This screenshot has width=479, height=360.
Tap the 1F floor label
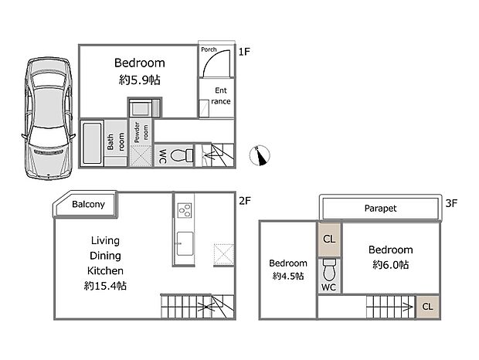244,53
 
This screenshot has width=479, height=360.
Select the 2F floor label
244,201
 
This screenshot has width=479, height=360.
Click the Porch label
209,50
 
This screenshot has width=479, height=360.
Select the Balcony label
88,205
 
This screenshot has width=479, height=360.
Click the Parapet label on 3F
380,209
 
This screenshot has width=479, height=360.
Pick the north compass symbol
261,156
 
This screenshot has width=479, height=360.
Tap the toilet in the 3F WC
328,270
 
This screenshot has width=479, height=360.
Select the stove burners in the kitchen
185,210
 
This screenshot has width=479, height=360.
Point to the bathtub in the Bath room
92,143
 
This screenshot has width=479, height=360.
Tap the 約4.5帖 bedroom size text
287,276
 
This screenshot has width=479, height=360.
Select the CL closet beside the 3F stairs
427,306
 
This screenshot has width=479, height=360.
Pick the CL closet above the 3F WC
328,239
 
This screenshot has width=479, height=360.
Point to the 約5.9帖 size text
140,80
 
